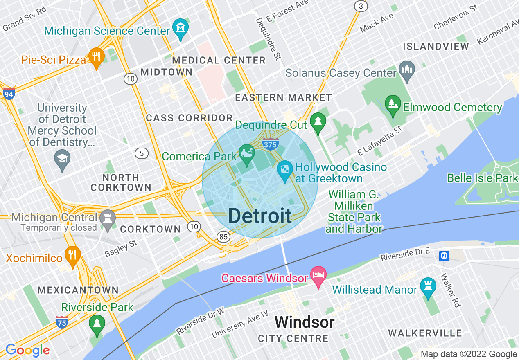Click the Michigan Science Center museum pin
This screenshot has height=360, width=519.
pos(180,29)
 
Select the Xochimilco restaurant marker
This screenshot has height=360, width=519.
pos(72,256)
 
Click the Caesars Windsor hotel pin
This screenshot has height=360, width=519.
pos(318,276)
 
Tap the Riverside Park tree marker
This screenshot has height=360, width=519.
pos(97,324)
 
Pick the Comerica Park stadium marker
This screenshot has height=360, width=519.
pos(247,154)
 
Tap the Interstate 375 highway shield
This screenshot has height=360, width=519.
pos(271,144)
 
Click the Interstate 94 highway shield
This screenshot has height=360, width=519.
pos(8,94)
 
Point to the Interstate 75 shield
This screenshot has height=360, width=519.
pos(61,322)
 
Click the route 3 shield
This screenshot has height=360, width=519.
pos(361,6)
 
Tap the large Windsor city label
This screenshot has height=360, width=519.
pos(305,322)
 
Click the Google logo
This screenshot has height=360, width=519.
pos(27,350)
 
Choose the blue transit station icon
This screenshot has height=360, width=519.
pos(444,256)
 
